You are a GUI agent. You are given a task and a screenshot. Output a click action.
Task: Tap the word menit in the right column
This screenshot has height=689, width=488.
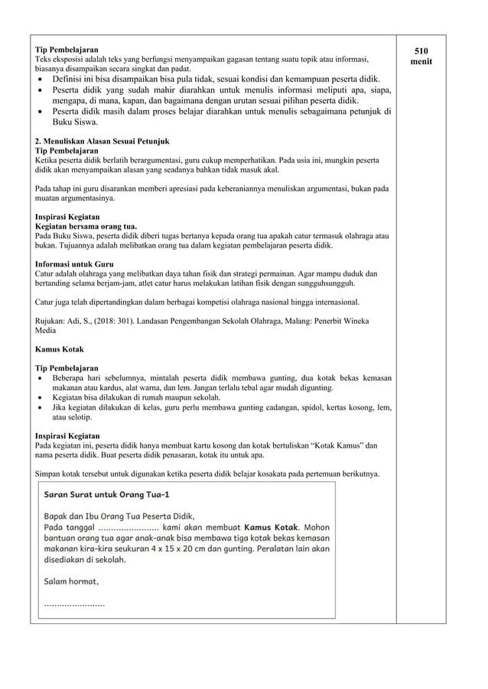point(421,61)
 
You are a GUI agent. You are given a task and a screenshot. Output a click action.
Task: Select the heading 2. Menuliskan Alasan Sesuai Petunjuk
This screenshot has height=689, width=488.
point(102,141)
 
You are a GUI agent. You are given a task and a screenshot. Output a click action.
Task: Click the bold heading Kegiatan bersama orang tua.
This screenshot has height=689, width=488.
point(86,227)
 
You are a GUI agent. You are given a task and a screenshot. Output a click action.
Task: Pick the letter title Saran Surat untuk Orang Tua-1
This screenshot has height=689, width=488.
point(107,494)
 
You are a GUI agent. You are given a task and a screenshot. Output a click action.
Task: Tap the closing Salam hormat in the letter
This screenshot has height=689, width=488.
point(71,581)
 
